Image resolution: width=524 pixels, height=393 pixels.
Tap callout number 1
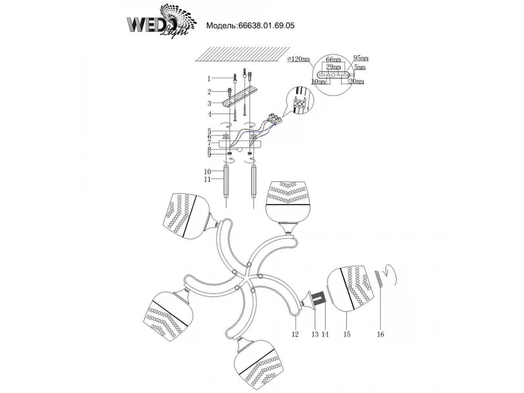(x=209, y=79)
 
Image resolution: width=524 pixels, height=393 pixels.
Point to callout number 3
(x=209, y=103)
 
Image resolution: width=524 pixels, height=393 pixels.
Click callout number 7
(x=209, y=143)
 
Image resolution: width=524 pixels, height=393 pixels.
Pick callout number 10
(x=207, y=171)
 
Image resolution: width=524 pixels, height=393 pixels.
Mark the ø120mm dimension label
(x=298, y=59)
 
